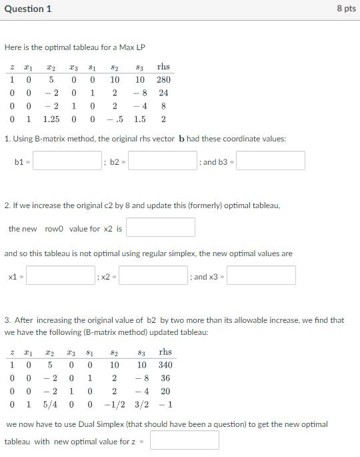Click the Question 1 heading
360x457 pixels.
coord(27,9)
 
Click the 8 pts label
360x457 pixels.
coord(346,9)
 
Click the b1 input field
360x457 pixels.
coord(67,161)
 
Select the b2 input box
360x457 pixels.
coord(163,161)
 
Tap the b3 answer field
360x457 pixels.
coord(270,161)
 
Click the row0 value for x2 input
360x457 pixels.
coord(160,227)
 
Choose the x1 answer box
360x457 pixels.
coord(61,276)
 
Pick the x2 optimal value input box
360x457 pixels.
coord(153,276)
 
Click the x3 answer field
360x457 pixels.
coord(261,276)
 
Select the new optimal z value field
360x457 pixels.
coord(184,440)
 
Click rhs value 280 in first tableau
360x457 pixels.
coord(163,80)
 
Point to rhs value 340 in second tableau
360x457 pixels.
coord(165,365)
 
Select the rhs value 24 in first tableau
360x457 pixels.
coord(163,93)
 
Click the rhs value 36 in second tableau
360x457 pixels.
coord(165,378)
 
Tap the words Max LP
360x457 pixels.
coord(133,47)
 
